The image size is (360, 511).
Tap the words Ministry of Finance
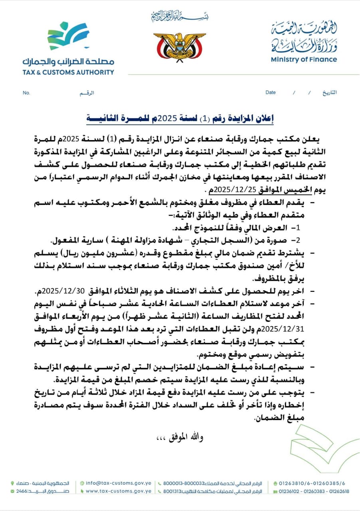click(x=304, y=60)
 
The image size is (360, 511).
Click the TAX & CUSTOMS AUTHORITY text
click(x=68, y=72)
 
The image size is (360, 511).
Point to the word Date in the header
click(x=271, y=93)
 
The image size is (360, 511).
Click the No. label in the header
click(x=27, y=93)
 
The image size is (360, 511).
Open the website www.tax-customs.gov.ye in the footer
click(x=119, y=491)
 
